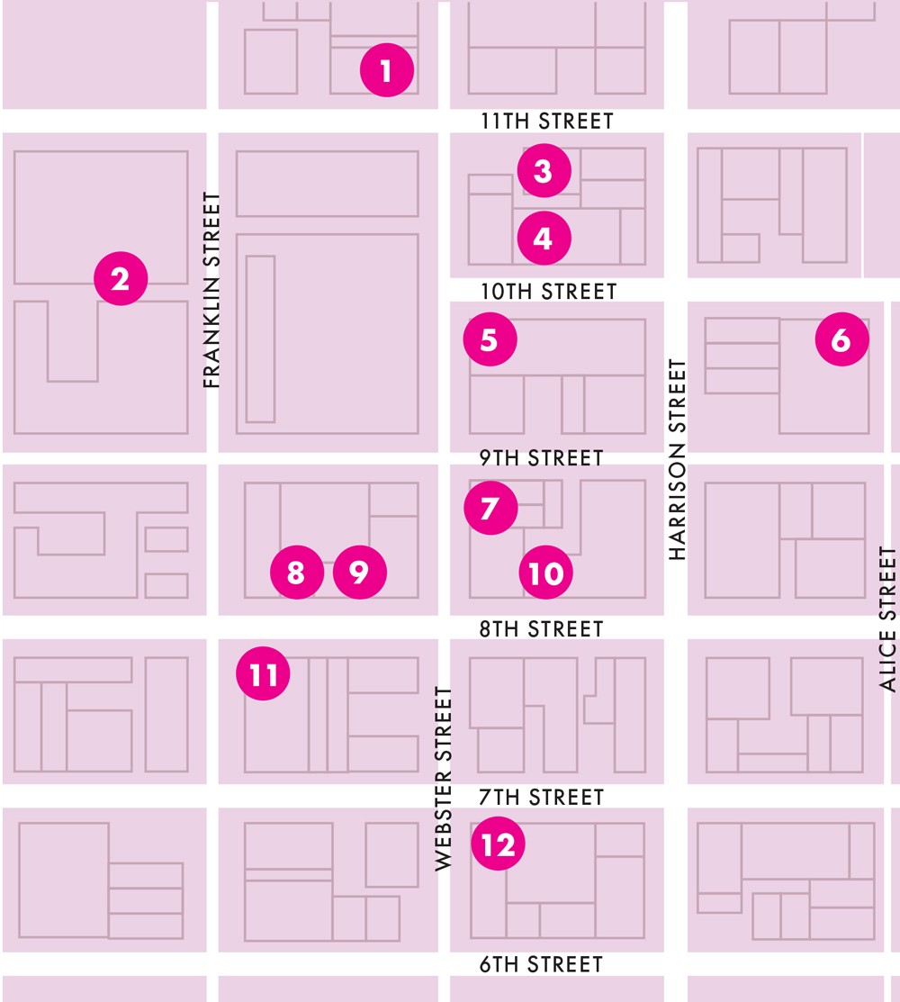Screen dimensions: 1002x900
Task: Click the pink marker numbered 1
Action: [x=387, y=70]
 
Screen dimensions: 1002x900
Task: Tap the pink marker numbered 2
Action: [x=121, y=279]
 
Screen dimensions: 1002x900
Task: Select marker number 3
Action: [x=544, y=170]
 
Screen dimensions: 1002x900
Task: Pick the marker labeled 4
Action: [x=544, y=238]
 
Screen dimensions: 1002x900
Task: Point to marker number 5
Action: [x=490, y=339]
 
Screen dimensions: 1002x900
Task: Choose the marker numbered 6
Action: [x=841, y=339]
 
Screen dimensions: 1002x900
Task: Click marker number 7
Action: [x=490, y=508]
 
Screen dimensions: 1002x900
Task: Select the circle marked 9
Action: [x=360, y=572]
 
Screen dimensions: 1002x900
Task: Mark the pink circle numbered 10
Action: [x=546, y=573]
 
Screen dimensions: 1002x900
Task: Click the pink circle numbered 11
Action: [x=263, y=673]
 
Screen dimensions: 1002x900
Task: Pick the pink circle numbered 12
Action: [x=498, y=844]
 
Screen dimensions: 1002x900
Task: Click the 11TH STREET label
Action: [x=546, y=121]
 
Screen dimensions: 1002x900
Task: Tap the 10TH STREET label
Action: [x=547, y=292]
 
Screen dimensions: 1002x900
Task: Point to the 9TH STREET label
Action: [x=541, y=458]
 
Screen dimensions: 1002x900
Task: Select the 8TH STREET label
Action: [x=541, y=628]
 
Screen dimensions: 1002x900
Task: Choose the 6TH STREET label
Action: [x=540, y=964]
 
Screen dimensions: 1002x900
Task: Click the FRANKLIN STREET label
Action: [x=212, y=290]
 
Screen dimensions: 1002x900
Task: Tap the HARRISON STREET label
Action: [x=678, y=459]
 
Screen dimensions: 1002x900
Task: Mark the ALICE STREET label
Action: [x=888, y=619]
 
